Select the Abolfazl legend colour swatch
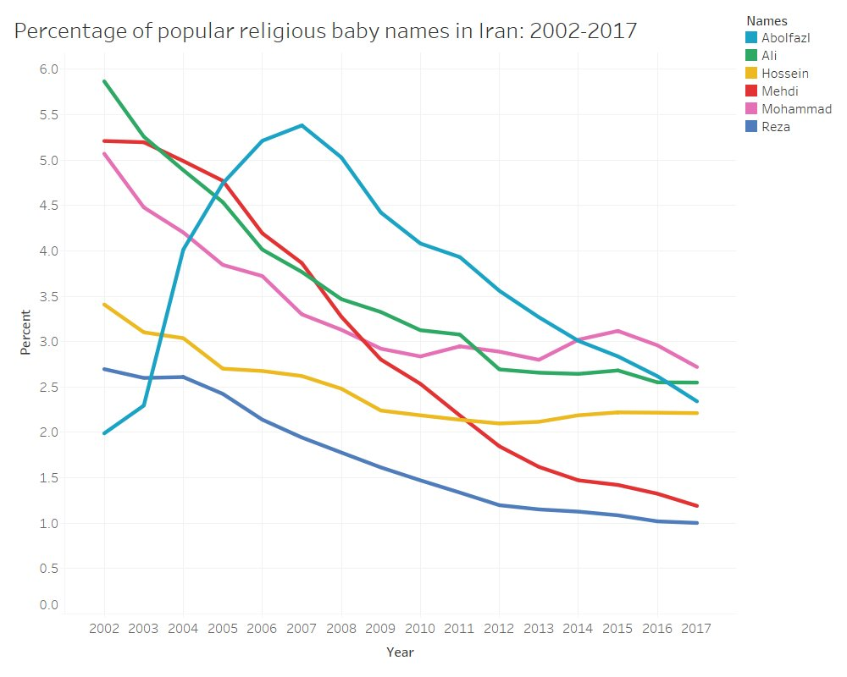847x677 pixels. [751, 38]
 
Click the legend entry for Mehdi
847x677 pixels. [779, 91]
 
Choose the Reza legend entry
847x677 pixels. [775, 127]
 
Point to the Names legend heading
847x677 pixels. [767, 19]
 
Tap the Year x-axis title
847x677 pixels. [400, 652]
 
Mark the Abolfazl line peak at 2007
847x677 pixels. [302, 125]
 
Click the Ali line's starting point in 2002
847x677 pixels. [104, 81]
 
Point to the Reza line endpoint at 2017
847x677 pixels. [697, 523]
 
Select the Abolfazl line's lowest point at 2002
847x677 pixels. [104, 433]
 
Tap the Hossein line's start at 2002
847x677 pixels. [104, 304]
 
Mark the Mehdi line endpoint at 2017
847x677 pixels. [697, 506]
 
